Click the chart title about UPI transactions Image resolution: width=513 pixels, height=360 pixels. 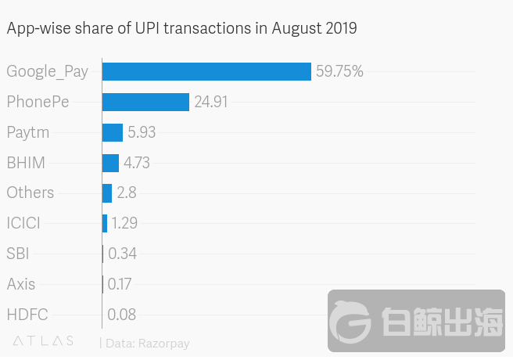click(x=181, y=29)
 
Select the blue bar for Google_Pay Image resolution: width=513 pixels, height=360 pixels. click(x=206, y=71)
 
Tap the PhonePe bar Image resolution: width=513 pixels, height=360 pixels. click(x=145, y=102)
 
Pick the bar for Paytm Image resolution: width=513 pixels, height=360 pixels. click(x=112, y=132)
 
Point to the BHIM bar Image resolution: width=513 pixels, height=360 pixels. click(x=110, y=163)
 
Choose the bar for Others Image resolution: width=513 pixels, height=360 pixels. click(x=106, y=193)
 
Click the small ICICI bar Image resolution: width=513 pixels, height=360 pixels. click(x=105, y=223)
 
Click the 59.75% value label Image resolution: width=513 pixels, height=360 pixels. click(x=339, y=72)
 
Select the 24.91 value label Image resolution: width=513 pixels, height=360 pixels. click(x=211, y=102)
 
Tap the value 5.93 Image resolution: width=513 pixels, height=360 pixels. click(x=142, y=132)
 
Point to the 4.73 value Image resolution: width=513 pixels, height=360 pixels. click(x=136, y=163)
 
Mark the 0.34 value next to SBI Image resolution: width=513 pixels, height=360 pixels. click(x=122, y=254)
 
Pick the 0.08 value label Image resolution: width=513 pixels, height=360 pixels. click(x=121, y=315)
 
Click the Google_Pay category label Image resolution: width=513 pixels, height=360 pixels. click(x=47, y=72)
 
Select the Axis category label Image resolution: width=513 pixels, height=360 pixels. click(x=21, y=284)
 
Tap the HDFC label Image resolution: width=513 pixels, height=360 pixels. click(x=27, y=315)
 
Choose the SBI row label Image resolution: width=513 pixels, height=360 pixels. click(x=18, y=254)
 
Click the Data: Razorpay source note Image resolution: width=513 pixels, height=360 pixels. click(x=147, y=343)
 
